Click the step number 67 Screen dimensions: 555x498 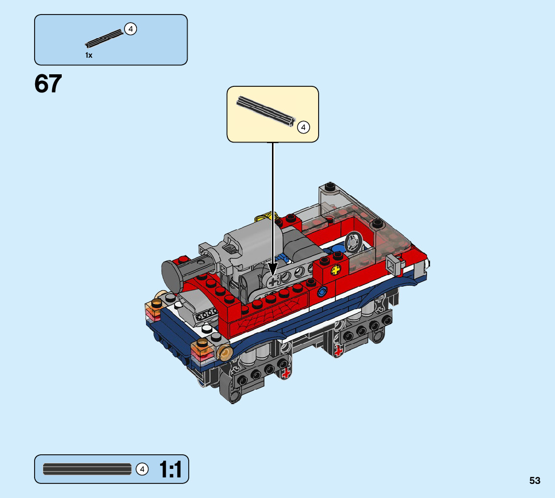pyautogui.click(x=48, y=84)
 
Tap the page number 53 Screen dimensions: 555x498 pyautogui.click(x=534, y=480)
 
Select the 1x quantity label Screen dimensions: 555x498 pyautogui.click(x=89, y=55)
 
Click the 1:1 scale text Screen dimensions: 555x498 pyautogui.click(x=170, y=469)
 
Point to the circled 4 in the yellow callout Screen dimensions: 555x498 pyautogui.click(x=303, y=127)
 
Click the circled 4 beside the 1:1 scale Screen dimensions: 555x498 pyautogui.click(x=142, y=469)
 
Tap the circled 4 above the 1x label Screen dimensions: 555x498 pyautogui.click(x=130, y=29)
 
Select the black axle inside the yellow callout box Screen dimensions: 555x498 pyautogui.click(x=265, y=111)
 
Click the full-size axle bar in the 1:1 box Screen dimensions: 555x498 pyautogui.click(x=87, y=469)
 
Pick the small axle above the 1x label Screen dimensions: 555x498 pyautogui.click(x=104, y=38)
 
